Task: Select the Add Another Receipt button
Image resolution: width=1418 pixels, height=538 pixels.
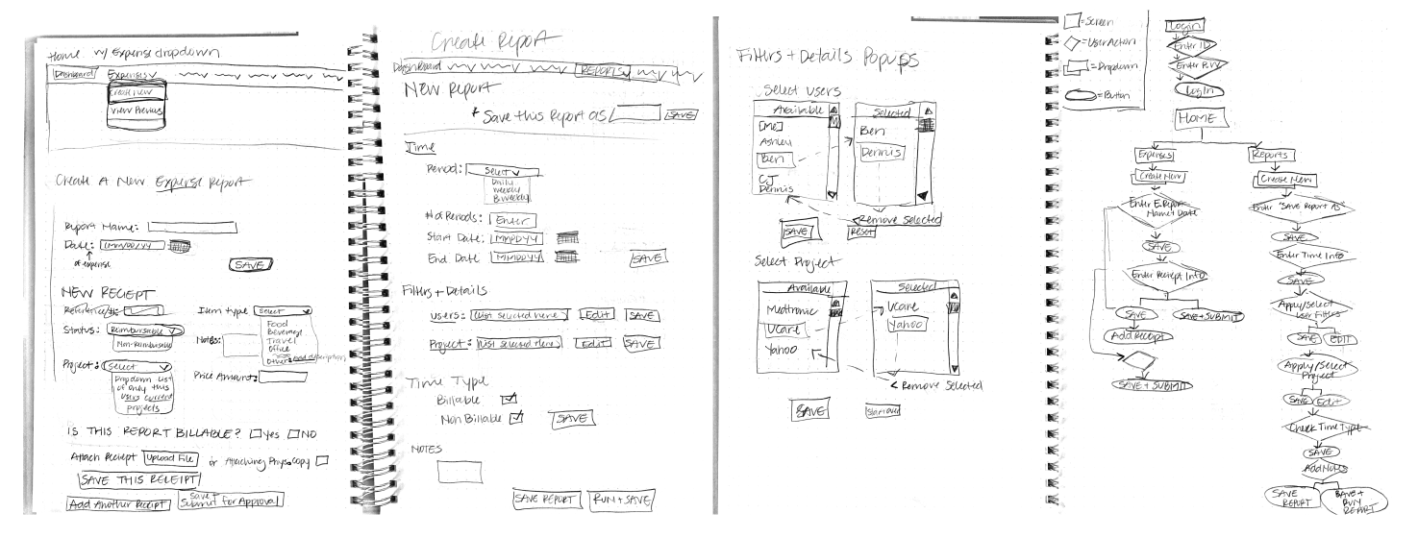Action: coord(118,503)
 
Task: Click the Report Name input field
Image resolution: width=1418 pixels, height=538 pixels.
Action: coord(192,228)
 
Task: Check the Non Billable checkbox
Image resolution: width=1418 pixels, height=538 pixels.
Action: coord(516,417)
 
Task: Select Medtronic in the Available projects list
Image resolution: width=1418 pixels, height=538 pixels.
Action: coord(792,309)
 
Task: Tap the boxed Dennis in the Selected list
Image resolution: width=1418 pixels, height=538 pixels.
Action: coord(882,153)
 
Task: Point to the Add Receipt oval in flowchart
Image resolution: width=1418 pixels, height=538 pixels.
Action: coord(1141,337)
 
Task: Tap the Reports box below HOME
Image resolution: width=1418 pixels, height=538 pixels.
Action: coord(1273,154)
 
